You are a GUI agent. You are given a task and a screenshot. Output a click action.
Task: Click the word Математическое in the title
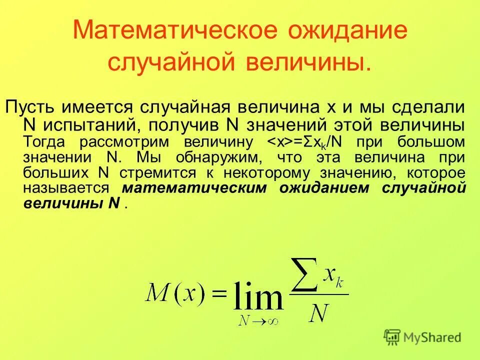tap(174, 31)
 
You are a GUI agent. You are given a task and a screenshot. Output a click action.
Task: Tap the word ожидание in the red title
tap(347, 31)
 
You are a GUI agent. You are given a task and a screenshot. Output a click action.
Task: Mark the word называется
tap(66, 188)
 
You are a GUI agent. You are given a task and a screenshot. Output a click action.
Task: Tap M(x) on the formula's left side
tap(175, 292)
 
